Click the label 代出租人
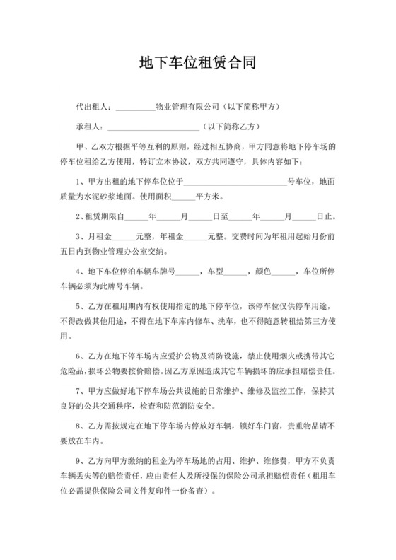[93, 107]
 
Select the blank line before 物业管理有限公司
[134, 109]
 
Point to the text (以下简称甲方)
[252, 107]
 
